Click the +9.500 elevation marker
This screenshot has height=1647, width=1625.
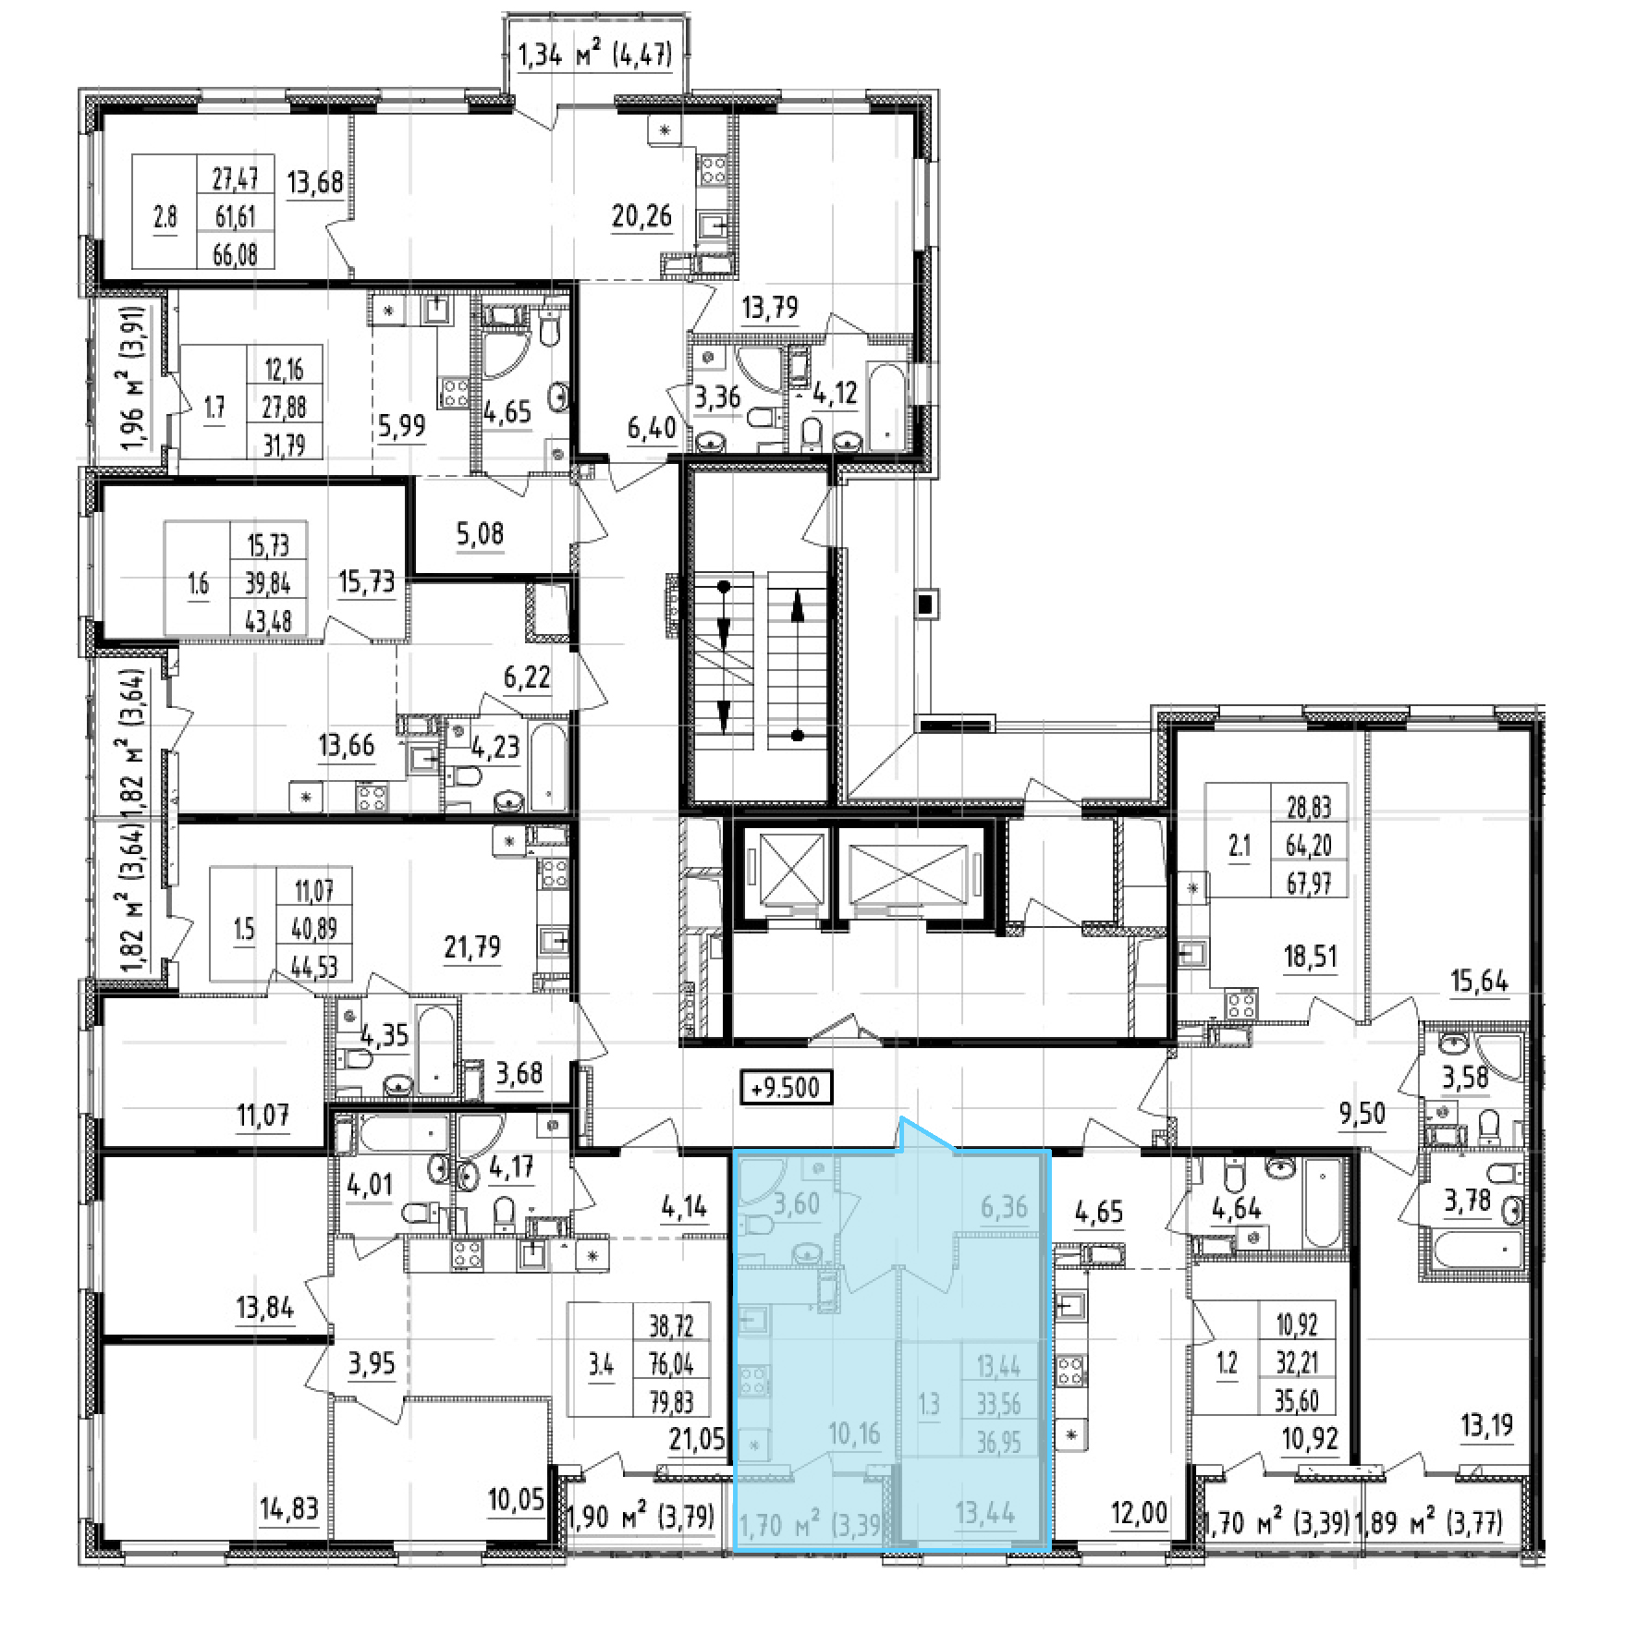click(x=787, y=1087)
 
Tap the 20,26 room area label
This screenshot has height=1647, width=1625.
click(x=641, y=217)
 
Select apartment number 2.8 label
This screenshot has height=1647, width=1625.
click(x=165, y=216)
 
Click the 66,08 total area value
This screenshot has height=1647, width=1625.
click(x=235, y=252)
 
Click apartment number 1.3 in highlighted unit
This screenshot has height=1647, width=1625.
click(x=929, y=1406)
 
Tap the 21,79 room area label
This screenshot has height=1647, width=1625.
click(x=472, y=947)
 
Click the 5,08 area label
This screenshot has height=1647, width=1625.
click(x=479, y=534)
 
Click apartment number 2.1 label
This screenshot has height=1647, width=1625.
click(x=1239, y=848)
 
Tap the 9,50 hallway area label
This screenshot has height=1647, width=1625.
click(x=1362, y=1114)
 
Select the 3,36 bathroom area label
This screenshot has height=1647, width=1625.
click(x=717, y=396)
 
